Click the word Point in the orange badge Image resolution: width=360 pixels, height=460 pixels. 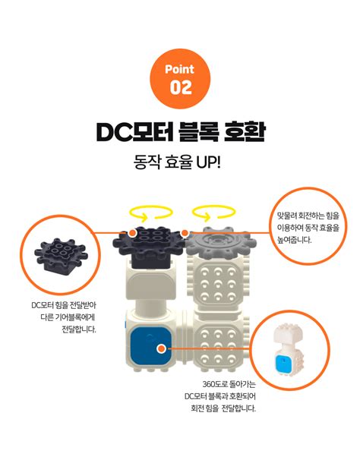(181, 68)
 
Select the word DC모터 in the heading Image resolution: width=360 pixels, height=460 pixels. (130, 131)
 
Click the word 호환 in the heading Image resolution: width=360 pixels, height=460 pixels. (244, 131)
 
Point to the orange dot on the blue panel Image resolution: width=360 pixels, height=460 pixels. (161, 348)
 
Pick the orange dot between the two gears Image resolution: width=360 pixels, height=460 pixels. (185, 232)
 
